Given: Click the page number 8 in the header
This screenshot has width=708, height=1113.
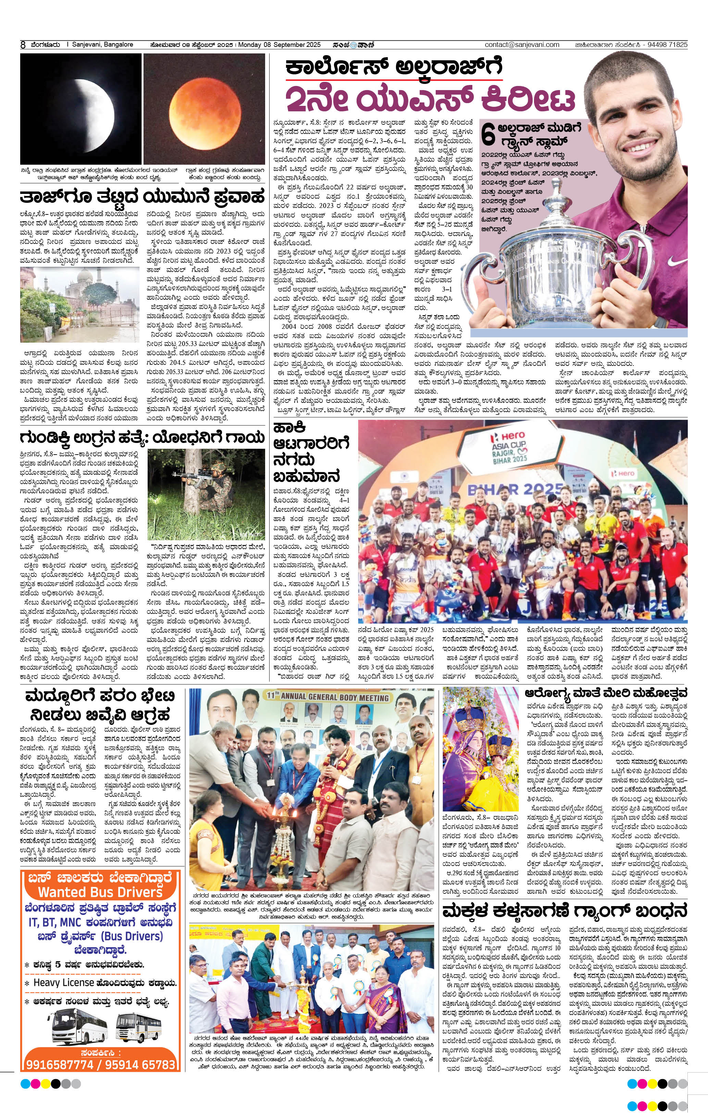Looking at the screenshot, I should point(23,45).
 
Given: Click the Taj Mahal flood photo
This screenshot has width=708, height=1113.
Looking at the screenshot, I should point(79,305).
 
